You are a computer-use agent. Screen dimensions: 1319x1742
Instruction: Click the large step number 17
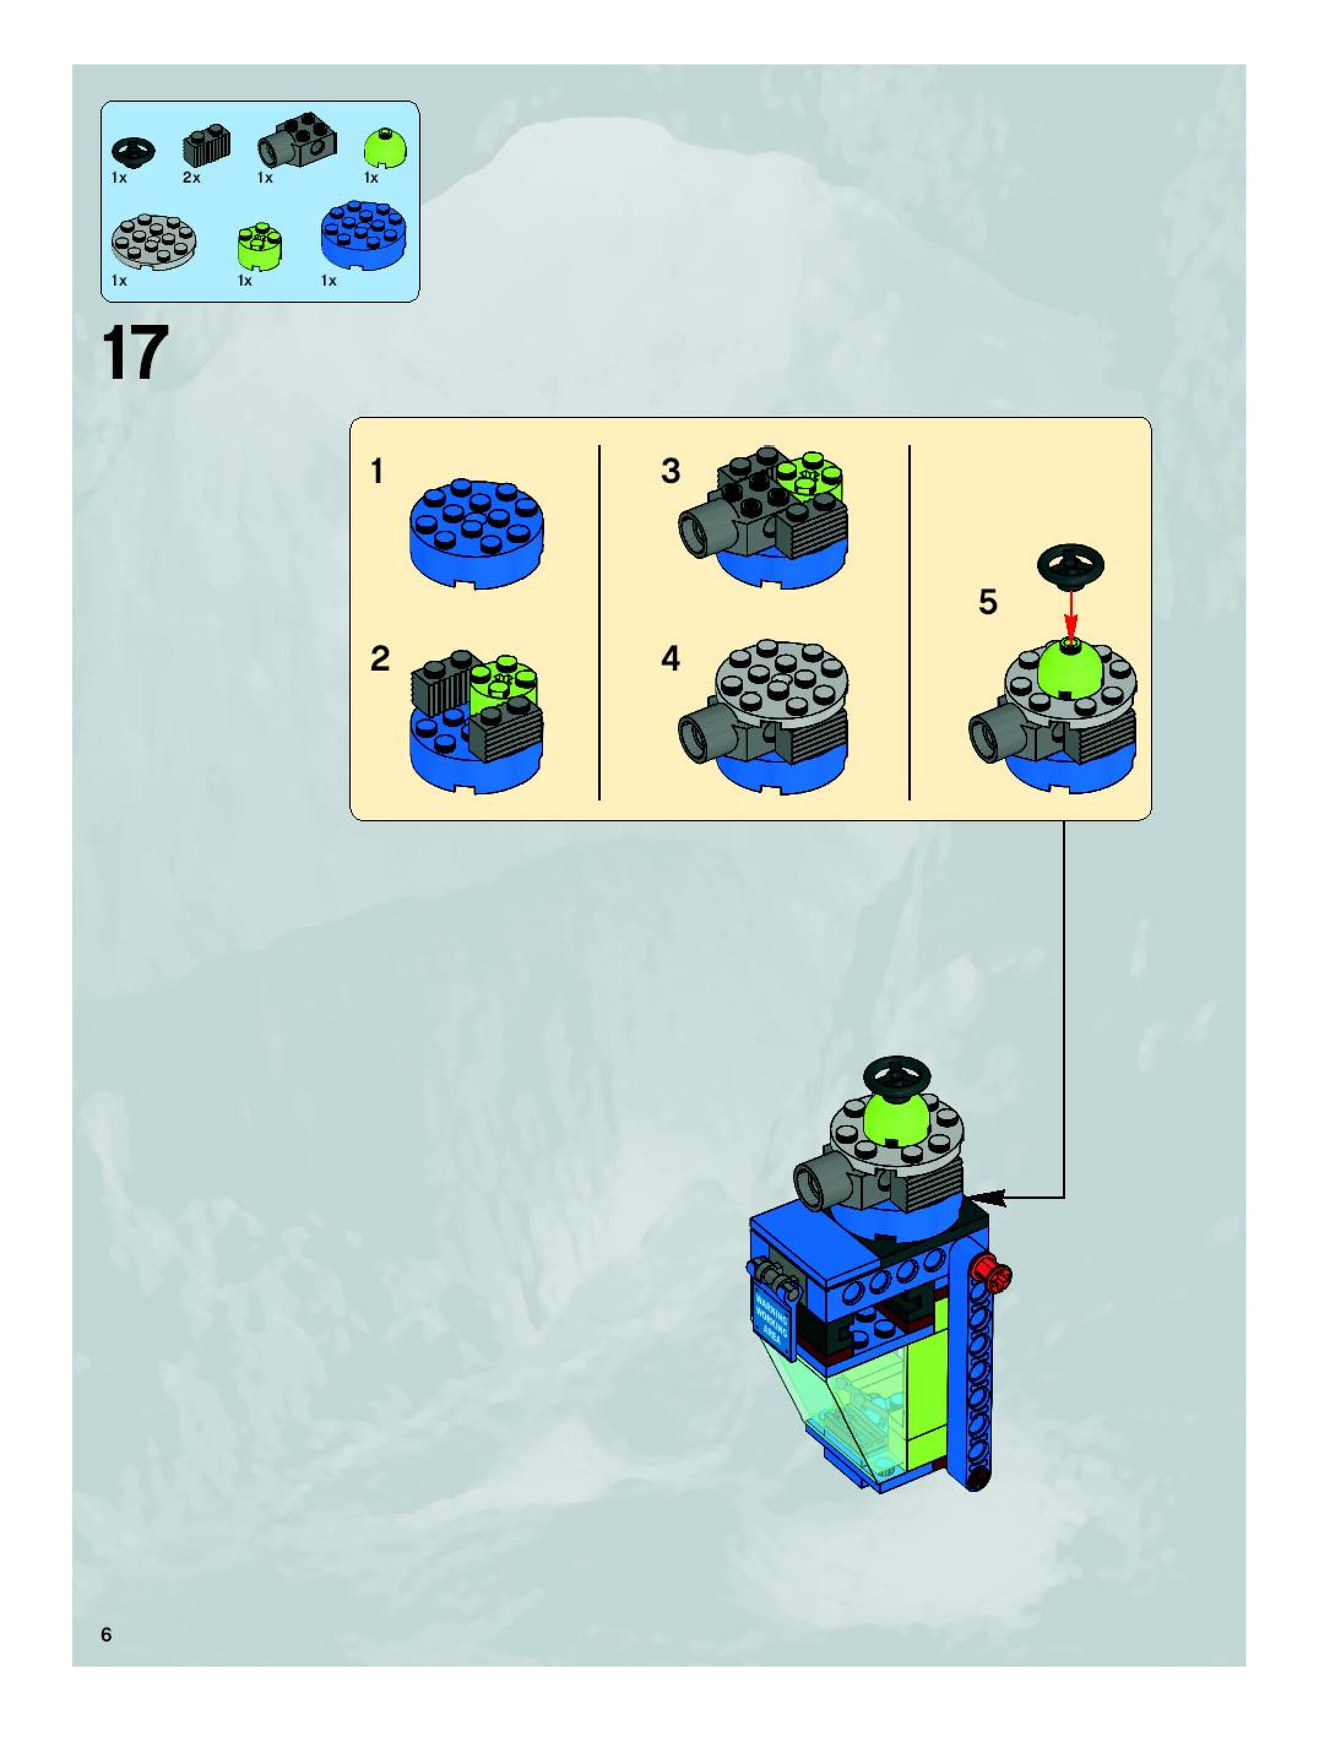[135, 354]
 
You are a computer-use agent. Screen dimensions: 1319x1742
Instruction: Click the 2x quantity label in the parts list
[191, 178]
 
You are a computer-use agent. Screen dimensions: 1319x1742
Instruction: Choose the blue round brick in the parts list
[365, 235]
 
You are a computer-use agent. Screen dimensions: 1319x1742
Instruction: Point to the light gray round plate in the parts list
[154, 240]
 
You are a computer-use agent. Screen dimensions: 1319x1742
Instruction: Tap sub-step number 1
[377, 472]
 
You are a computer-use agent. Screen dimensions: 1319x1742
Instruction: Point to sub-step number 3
[670, 471]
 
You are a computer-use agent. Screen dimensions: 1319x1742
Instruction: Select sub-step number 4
[670, 658]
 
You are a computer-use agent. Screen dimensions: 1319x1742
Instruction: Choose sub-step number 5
[987, 602]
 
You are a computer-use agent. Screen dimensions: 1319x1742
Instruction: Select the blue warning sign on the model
[771, 1314]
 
